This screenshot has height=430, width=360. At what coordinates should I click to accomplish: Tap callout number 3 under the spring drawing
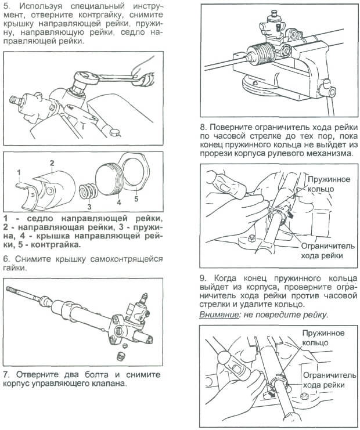(89, 205)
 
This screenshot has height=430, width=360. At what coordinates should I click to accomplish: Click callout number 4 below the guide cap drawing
(118, 203)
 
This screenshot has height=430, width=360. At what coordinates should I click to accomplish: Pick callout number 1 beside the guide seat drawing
(19, 172)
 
